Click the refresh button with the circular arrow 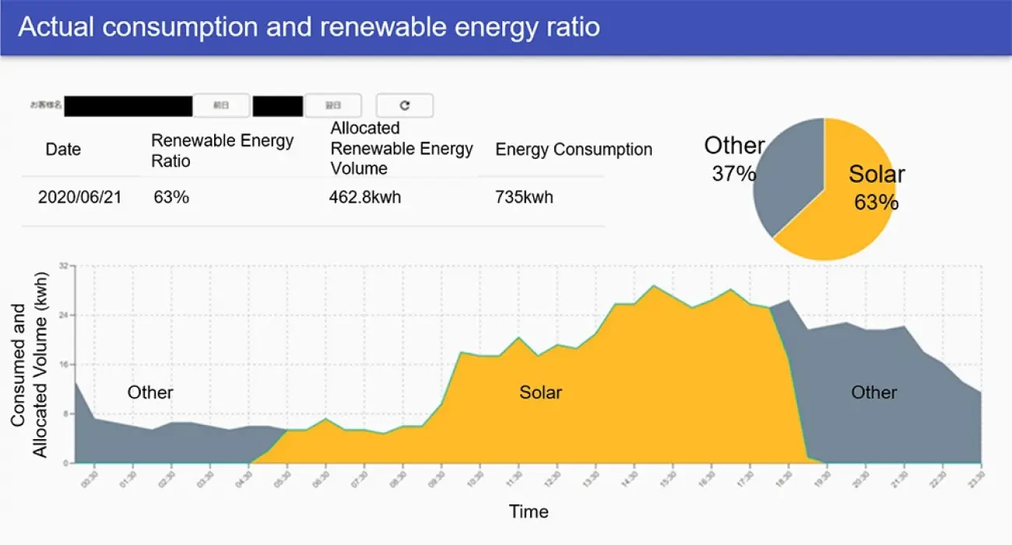click(404, 105)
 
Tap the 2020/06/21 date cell click(79, 197)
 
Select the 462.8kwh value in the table click(364, 197)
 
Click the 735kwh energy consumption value click(524, 197)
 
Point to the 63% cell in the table click(171, 197)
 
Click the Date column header click(63, 149)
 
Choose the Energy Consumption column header click(574, 149)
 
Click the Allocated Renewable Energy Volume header click(401, 148)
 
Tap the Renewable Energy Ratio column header click(222, 150)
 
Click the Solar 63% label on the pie click(877, 187)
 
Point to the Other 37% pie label click(733, 159)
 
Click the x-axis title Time click(529, 512)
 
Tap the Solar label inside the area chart click(540, 392)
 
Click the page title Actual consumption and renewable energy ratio click(308, 27)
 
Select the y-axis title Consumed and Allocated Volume click(30, 364)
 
